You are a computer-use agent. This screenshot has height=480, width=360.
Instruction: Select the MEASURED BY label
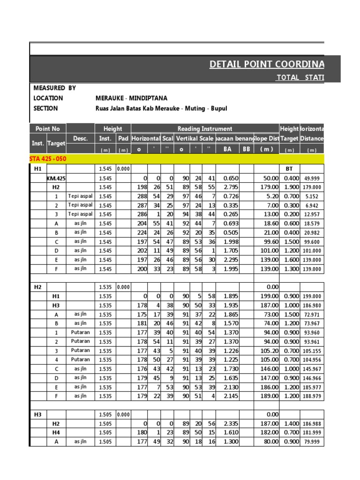(x=55, y=88)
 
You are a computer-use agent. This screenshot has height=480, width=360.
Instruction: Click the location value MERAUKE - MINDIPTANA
(x=126, y=98)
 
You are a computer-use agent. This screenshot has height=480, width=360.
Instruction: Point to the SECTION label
(x=46, y=109)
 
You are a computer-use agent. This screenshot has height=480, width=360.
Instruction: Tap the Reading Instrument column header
(x=204, y=128)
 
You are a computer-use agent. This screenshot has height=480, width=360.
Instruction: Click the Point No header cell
(x=47, y=128)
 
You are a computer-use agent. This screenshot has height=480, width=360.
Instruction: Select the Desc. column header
(x=80, y=138)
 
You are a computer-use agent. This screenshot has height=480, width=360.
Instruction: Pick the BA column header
(x=228, y=149)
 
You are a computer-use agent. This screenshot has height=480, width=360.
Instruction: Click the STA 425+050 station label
(x=48, y=159)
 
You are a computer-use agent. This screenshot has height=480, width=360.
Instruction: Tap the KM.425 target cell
(x=56, y=178)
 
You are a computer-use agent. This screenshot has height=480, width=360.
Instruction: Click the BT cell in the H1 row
(x=289, y=169)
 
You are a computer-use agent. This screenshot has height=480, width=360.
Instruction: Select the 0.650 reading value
(x=228, y=178)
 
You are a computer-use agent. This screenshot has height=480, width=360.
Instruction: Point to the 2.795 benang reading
(x=228, y=187)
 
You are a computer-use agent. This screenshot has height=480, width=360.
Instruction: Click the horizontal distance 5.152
(x=312, y=196)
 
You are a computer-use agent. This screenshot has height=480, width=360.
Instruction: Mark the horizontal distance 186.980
(x=312, y=306)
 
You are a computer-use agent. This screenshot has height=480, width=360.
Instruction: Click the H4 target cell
(x=56, y=432)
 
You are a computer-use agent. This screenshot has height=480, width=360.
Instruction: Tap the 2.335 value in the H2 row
(x=228, y=423)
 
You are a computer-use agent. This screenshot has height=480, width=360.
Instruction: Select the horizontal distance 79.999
(x=312, y=442)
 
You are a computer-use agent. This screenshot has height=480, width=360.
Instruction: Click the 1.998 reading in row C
(x=228, y=242)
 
